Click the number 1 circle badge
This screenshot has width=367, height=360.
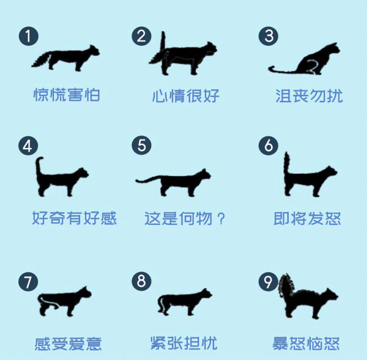(x=28, y=35)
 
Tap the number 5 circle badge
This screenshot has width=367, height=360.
(x=142, y=145)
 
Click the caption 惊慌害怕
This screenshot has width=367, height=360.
(x=66, y=95)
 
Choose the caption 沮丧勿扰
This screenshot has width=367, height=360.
(x=309, y=96)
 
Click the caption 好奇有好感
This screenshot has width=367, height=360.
(x=74, y=218)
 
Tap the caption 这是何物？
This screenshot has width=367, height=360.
(x=185, y=218)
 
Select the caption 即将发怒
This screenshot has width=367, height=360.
(x=307, y=218)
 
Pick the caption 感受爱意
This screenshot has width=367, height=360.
(x=68, y=343)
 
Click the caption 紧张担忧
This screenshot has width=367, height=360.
(x=183, y=343)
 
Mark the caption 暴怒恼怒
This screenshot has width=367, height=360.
(x=306, y=343)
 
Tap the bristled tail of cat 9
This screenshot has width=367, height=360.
(x=286, y=287)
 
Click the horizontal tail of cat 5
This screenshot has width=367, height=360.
(x=150, y=180)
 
